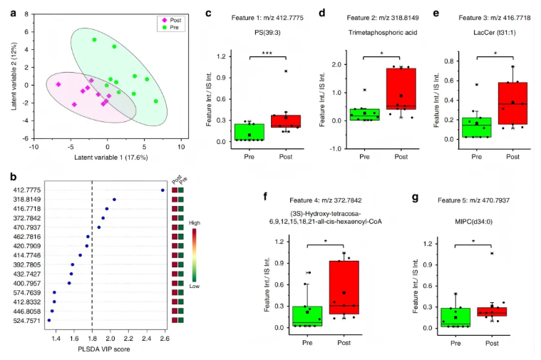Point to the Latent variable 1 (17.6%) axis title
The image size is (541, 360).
click(107, 155)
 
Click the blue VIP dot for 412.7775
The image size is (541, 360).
click(163, 190)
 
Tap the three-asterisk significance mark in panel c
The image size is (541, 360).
click(269, 54)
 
